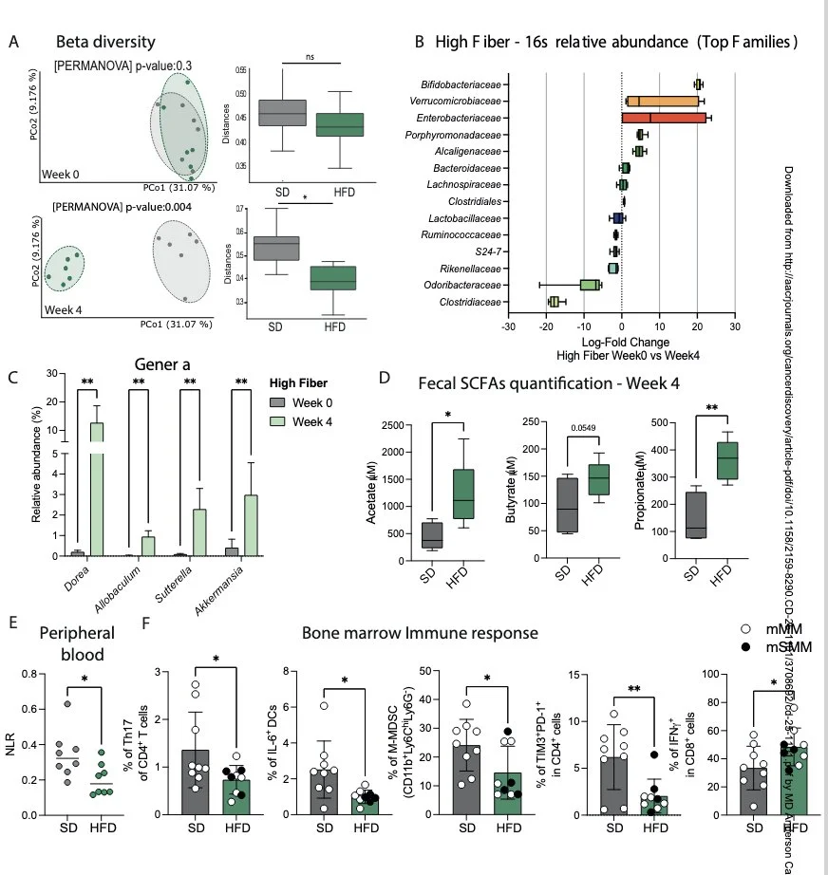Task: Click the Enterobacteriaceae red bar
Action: point(664,118)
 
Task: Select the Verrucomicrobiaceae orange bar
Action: point(663,101)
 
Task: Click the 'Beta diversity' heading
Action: point(105,43)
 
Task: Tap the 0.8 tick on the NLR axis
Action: point(28,675)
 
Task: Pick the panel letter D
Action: point(385,377)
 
